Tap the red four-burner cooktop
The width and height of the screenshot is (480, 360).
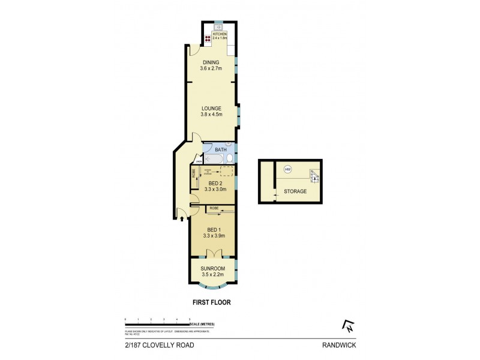pos(208,38)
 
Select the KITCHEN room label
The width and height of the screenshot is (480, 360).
pos(219,34)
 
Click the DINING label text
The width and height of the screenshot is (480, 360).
pos(211,62)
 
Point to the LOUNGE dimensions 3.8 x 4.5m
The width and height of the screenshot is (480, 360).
pos(211,115)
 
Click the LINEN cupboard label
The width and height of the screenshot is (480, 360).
pos(199,160)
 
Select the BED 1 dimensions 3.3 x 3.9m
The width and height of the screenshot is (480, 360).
pos(214,236)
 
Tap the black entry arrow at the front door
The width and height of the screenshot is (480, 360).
pos(183,218)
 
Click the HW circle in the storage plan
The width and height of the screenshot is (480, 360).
pos(287,169)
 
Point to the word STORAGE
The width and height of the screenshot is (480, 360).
pos(296,191)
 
